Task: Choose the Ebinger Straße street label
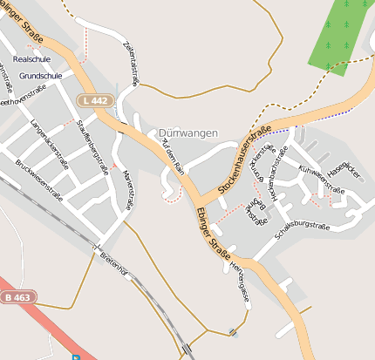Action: point(214,233)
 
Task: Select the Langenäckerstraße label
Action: point(49,137)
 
